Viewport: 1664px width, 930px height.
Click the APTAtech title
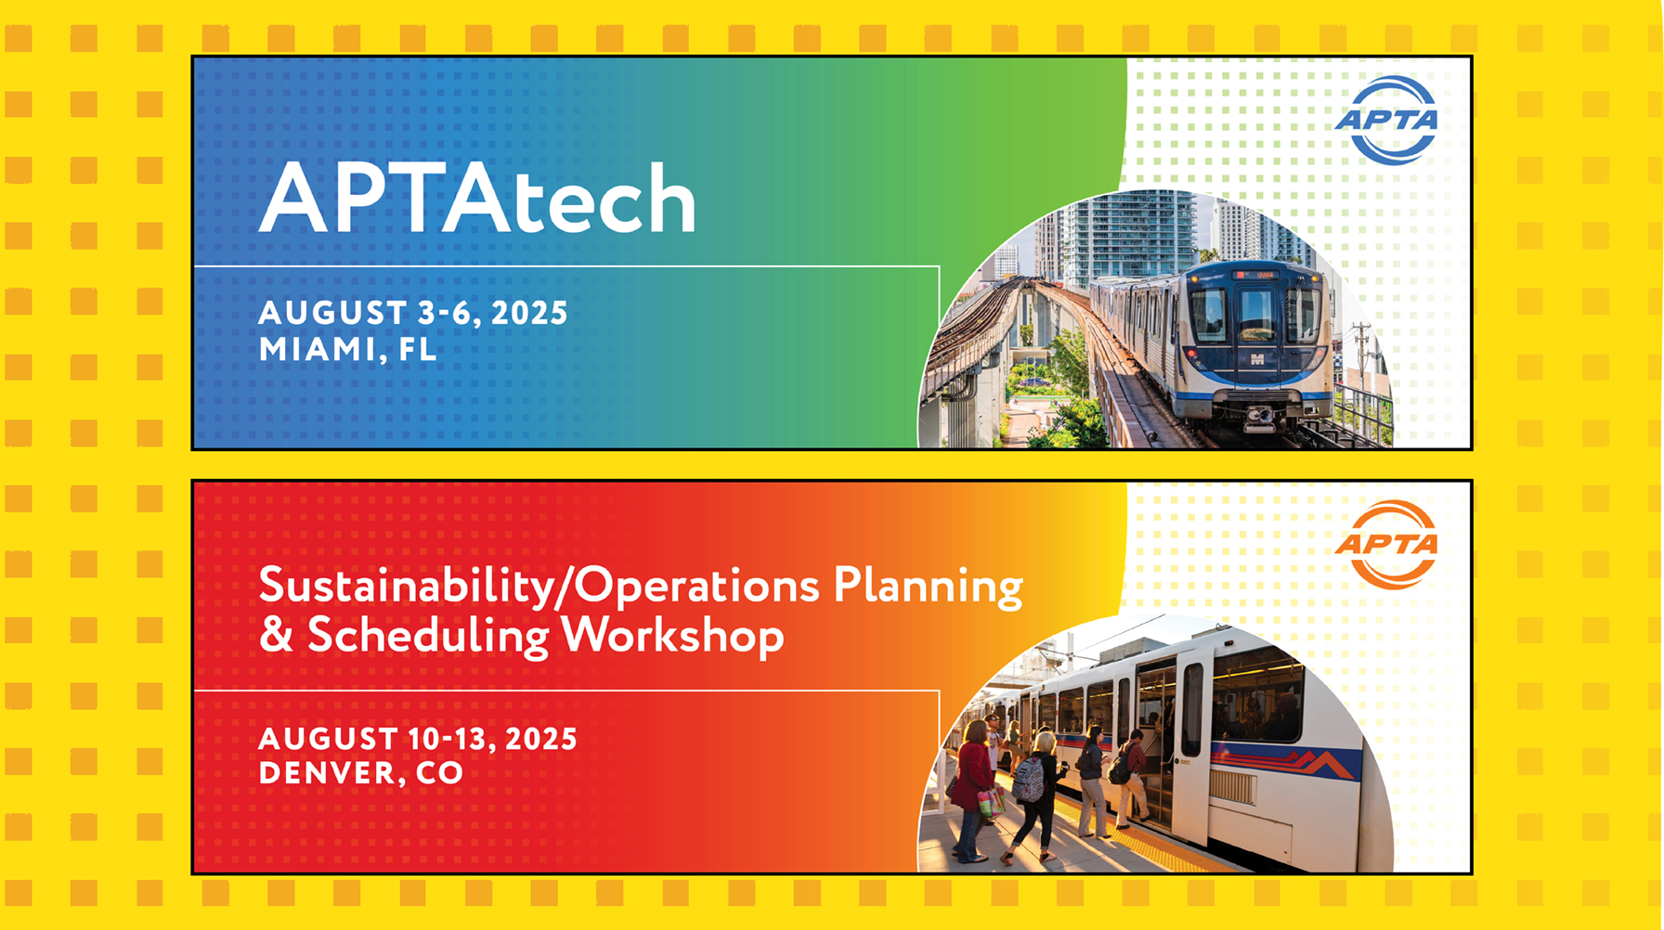(477, 198)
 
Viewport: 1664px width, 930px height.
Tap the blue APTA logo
(1387, 121)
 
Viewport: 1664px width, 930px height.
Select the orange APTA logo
(1387, 545)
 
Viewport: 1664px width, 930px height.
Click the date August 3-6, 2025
(412, 313)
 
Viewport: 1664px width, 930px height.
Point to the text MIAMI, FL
(347, 349)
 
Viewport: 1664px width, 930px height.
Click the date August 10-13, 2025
(418, 739)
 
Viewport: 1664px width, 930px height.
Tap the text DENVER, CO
(360, 773)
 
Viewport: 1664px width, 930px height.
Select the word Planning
(928, 587)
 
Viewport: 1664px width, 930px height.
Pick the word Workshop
(672, 637)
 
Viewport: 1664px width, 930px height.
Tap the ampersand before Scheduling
(275, 636)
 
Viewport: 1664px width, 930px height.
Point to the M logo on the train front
(1258, 359)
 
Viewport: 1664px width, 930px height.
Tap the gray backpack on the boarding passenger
(1030, 779)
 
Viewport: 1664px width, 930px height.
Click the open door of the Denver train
(1157, 743)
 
